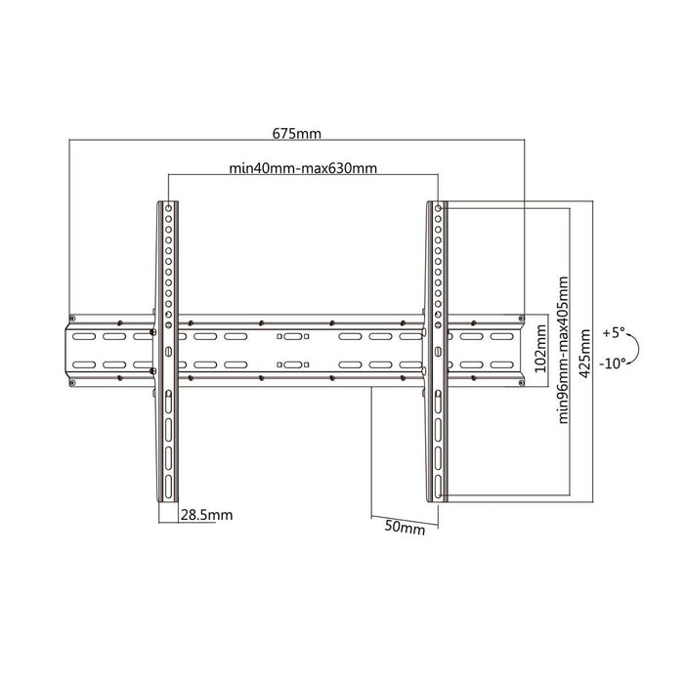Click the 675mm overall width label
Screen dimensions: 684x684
point(297,133)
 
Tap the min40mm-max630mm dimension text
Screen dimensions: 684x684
point(303,168)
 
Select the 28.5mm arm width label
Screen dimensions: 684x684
point(206,515)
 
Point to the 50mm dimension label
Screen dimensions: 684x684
point(405,527)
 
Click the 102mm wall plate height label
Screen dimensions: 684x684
point(540,348)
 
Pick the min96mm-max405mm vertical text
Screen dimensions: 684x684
point(563,350)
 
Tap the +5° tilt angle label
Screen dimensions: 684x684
point(614,333)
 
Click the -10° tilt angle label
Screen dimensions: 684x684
point(613,363)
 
